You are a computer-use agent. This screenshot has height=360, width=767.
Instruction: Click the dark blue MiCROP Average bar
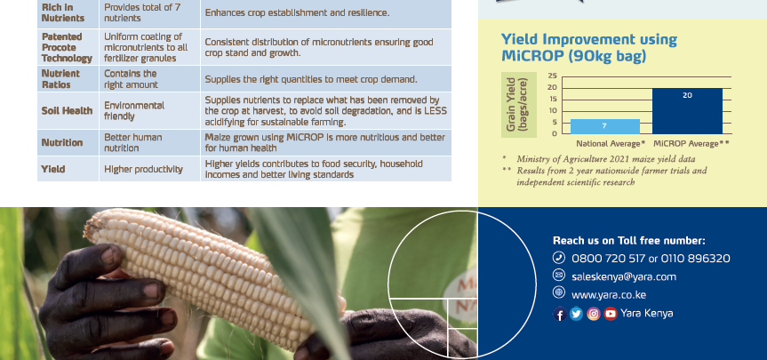click(687, 110)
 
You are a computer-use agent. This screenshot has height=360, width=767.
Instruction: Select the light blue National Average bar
click(604, 125)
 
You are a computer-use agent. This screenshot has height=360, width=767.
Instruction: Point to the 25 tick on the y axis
click(553, 76)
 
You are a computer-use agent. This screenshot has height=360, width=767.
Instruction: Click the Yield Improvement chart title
click(588, 48)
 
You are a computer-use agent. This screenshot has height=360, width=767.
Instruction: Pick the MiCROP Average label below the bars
click(691, 143)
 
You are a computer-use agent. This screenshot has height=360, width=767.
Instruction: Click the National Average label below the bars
click(610, 143)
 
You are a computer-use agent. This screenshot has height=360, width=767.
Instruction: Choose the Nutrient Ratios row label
click(61, 79)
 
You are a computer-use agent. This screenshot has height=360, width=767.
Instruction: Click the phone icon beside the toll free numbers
click(559, 259)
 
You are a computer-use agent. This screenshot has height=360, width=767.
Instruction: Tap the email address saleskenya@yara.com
click(624, 276)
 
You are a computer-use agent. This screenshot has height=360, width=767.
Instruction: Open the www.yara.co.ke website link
click(608, 294)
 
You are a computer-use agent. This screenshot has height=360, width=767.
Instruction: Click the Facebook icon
click(560, 314)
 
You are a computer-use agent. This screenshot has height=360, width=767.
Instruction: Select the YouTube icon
click(610, 314)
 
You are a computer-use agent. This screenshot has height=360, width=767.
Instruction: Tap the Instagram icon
click(593, 314)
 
